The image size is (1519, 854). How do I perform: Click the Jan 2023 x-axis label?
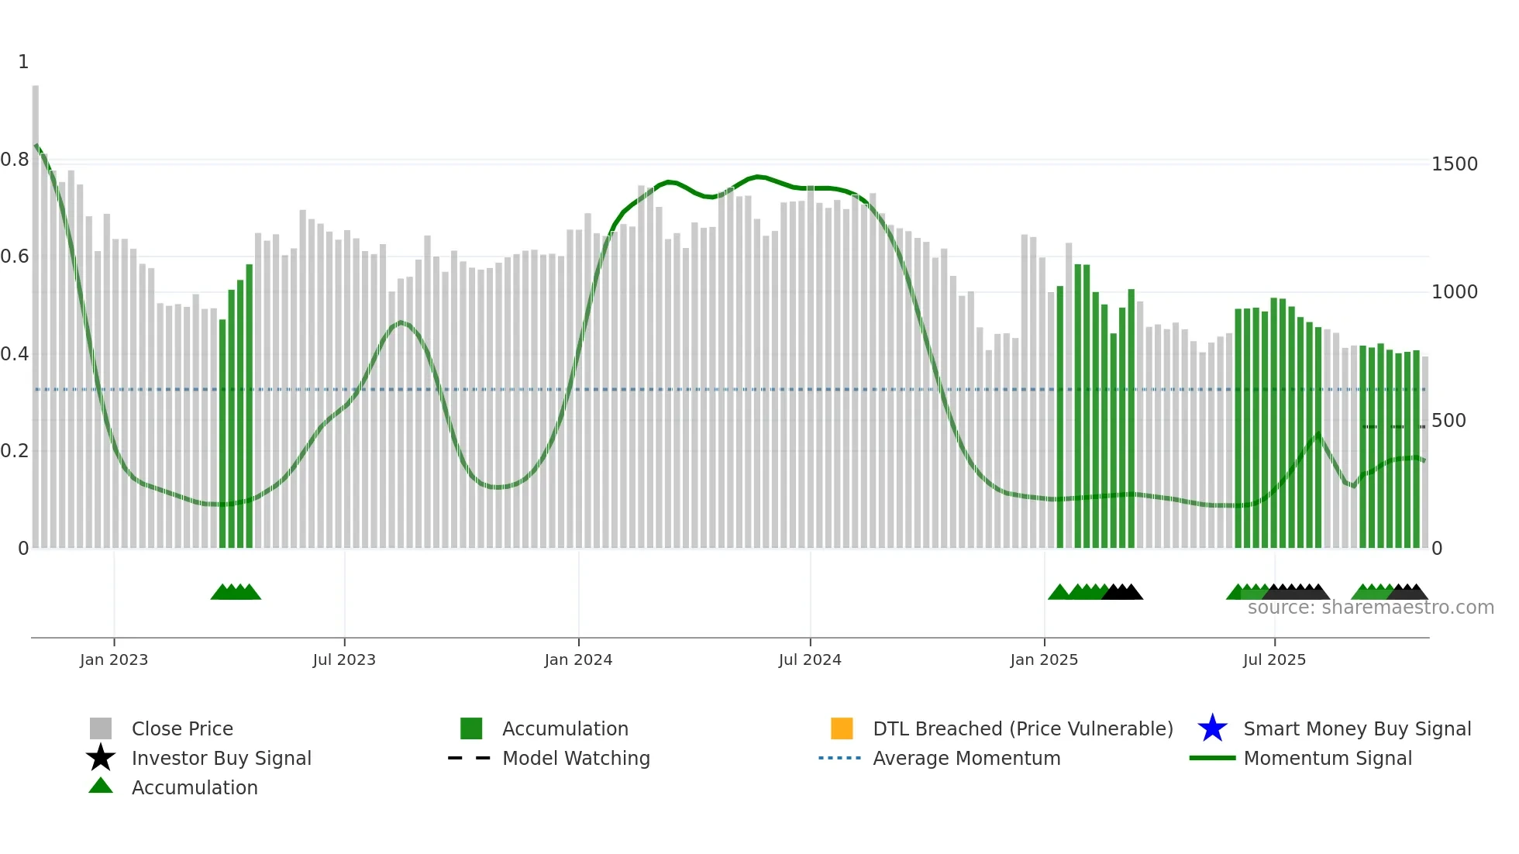pyautogui.click(x=113, y=659)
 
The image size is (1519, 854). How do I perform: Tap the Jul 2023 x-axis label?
pyautogui.click(x=344, y=659)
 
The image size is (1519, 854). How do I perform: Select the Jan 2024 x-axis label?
pyautogui.click(x=578, y=659)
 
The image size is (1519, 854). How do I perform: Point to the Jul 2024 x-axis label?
pyautogui.click(x=810, y=659)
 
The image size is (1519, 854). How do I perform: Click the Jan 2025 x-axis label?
pyautogui.click(x=1044, y=659)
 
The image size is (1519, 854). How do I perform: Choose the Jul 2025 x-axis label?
pyautogui.click(x=1274, y=659)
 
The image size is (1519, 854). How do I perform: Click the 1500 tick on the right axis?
pyautogui.click(x=1455, y=164)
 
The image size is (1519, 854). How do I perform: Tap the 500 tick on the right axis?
pyautogui.click(x=1448, y=421)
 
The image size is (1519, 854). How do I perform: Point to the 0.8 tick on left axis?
pyautogui.click(x=15, y=160)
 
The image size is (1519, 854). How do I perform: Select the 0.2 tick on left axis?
pyautogui.click(x=15, y=451)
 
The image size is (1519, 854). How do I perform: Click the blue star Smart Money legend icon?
pyautogui.click(x=1212, y=728)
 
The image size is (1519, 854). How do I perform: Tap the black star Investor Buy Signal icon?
pyautogui.click(x=101, y=758)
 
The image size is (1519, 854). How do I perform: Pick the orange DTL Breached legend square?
pyautogui.click(x=842, y=728)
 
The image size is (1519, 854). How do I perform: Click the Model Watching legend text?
pyautogui.click(x=576, y=758)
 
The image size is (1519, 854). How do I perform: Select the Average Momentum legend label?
pyautogui.click(x=966, y=758)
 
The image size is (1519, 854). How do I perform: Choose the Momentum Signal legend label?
pyautogui.click(x=1328, y=758)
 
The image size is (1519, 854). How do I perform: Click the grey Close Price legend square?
pyautogui.click(x=101, y=728)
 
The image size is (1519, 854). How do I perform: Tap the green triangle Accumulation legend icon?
pyautogui.click(x=101, y=786)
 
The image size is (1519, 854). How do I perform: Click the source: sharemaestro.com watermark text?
pyautogui.click(x=1370, y=608)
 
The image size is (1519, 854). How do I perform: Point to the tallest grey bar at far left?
pyautogui.click(x=36, y=310)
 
